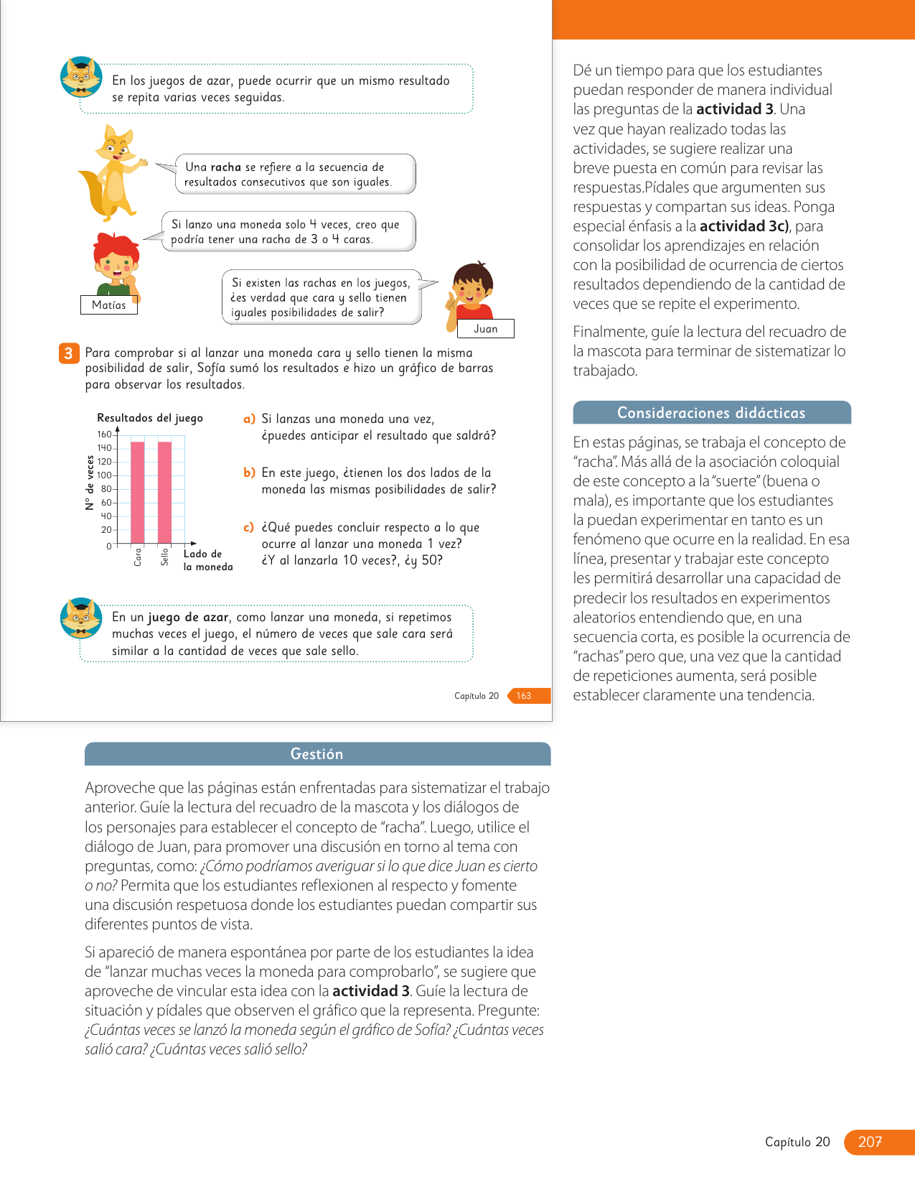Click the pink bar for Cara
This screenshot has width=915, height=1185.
[138, 493]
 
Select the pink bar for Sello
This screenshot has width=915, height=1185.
[165, 493]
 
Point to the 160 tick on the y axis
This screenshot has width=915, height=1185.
[105, 434]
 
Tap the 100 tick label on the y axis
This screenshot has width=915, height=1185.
[105, 475]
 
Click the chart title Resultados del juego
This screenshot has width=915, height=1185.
[150, 418]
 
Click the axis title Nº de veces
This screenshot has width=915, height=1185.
[90, 483]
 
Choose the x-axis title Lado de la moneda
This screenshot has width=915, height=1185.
[207, 560]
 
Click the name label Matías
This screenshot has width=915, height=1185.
[109, 305]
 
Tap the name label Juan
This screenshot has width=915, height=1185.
[486, 329]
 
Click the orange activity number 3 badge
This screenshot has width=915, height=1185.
[69, 353]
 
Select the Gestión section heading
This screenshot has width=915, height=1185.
[317, 754]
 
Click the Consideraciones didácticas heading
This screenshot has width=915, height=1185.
[711, 413]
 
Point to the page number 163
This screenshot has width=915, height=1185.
[525, 696]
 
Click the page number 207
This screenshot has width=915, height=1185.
[870, 1142]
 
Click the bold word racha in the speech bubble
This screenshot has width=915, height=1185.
[226, 167]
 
